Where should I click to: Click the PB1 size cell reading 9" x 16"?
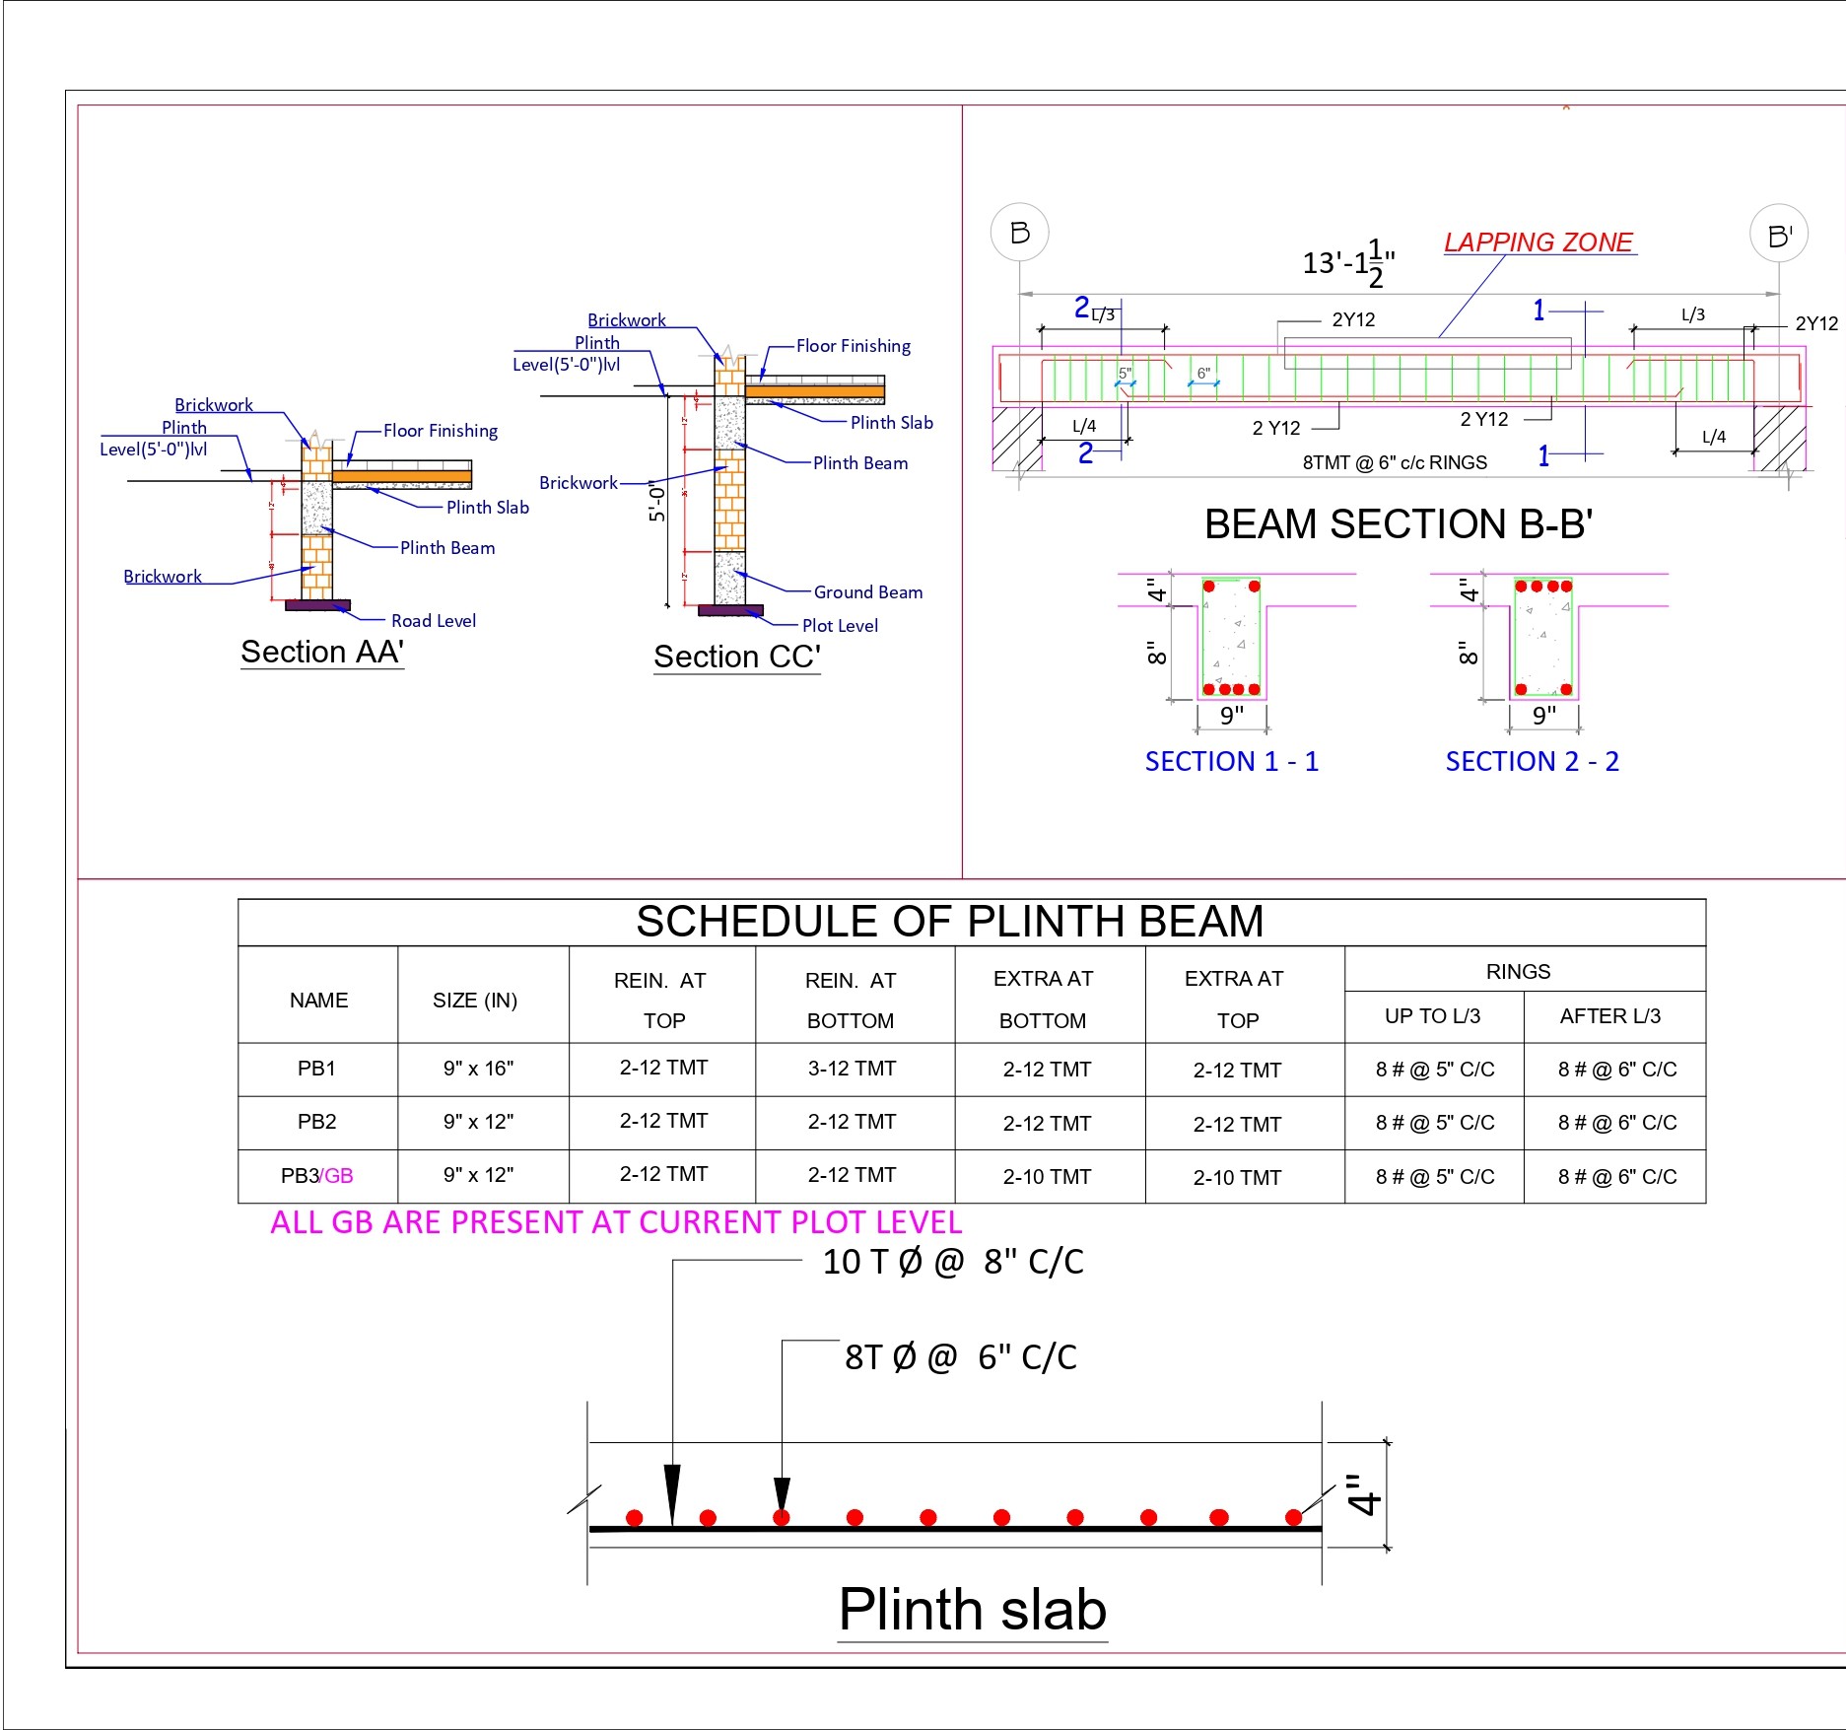(x=478, y=1069)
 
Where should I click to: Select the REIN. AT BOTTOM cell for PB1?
(x=852, y=1069)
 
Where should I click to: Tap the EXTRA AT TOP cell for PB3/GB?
(x=1237, y=1177)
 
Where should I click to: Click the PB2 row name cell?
(x=316, y=1122)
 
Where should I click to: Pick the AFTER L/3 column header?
(x=1609, y=1016)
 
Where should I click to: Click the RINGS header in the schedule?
(x=1518, y=972)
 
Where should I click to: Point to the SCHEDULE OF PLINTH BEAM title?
(x=949, y=922)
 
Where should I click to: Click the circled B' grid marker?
(x=1778, y=235)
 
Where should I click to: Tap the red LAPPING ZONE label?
(x=1538, y=242)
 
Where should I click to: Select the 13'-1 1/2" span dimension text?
(x=1348, y=263)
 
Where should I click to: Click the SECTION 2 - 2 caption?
(x=1532, y=762)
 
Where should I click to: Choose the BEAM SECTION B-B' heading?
(x=1399, y=524)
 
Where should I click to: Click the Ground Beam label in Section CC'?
(x=867, y=592)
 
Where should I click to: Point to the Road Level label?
(x=433, y=621)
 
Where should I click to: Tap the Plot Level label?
(x=840, y=626)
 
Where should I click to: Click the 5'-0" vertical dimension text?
(x=657, y=502)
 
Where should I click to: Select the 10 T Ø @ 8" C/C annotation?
(x=952, y=1262)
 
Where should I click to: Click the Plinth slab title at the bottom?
(x=972, y=1610)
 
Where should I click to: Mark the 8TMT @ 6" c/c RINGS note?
(x=1394, y=462)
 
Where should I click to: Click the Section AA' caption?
(x=322, y=652)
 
